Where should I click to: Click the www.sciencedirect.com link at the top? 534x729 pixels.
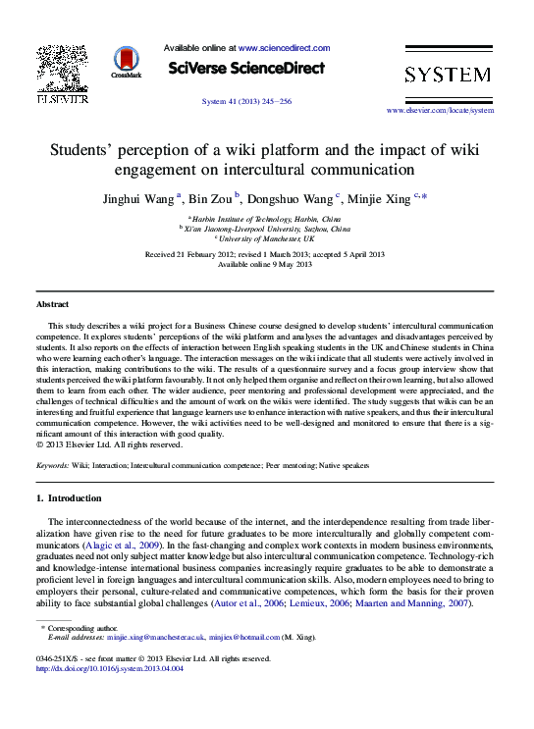(x=284, y=47)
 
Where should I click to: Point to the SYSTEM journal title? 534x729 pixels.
(x=448, y=75)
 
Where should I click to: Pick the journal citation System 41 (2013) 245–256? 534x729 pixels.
(x=246, y=101)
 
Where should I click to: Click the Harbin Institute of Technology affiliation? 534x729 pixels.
(x=265, y=218)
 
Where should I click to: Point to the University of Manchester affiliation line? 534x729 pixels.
(x=267, y=238)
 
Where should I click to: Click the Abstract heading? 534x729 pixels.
(x=52, y=305)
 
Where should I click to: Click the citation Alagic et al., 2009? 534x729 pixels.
(x=122, y=543)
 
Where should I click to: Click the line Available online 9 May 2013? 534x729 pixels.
(x=264, y=264)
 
